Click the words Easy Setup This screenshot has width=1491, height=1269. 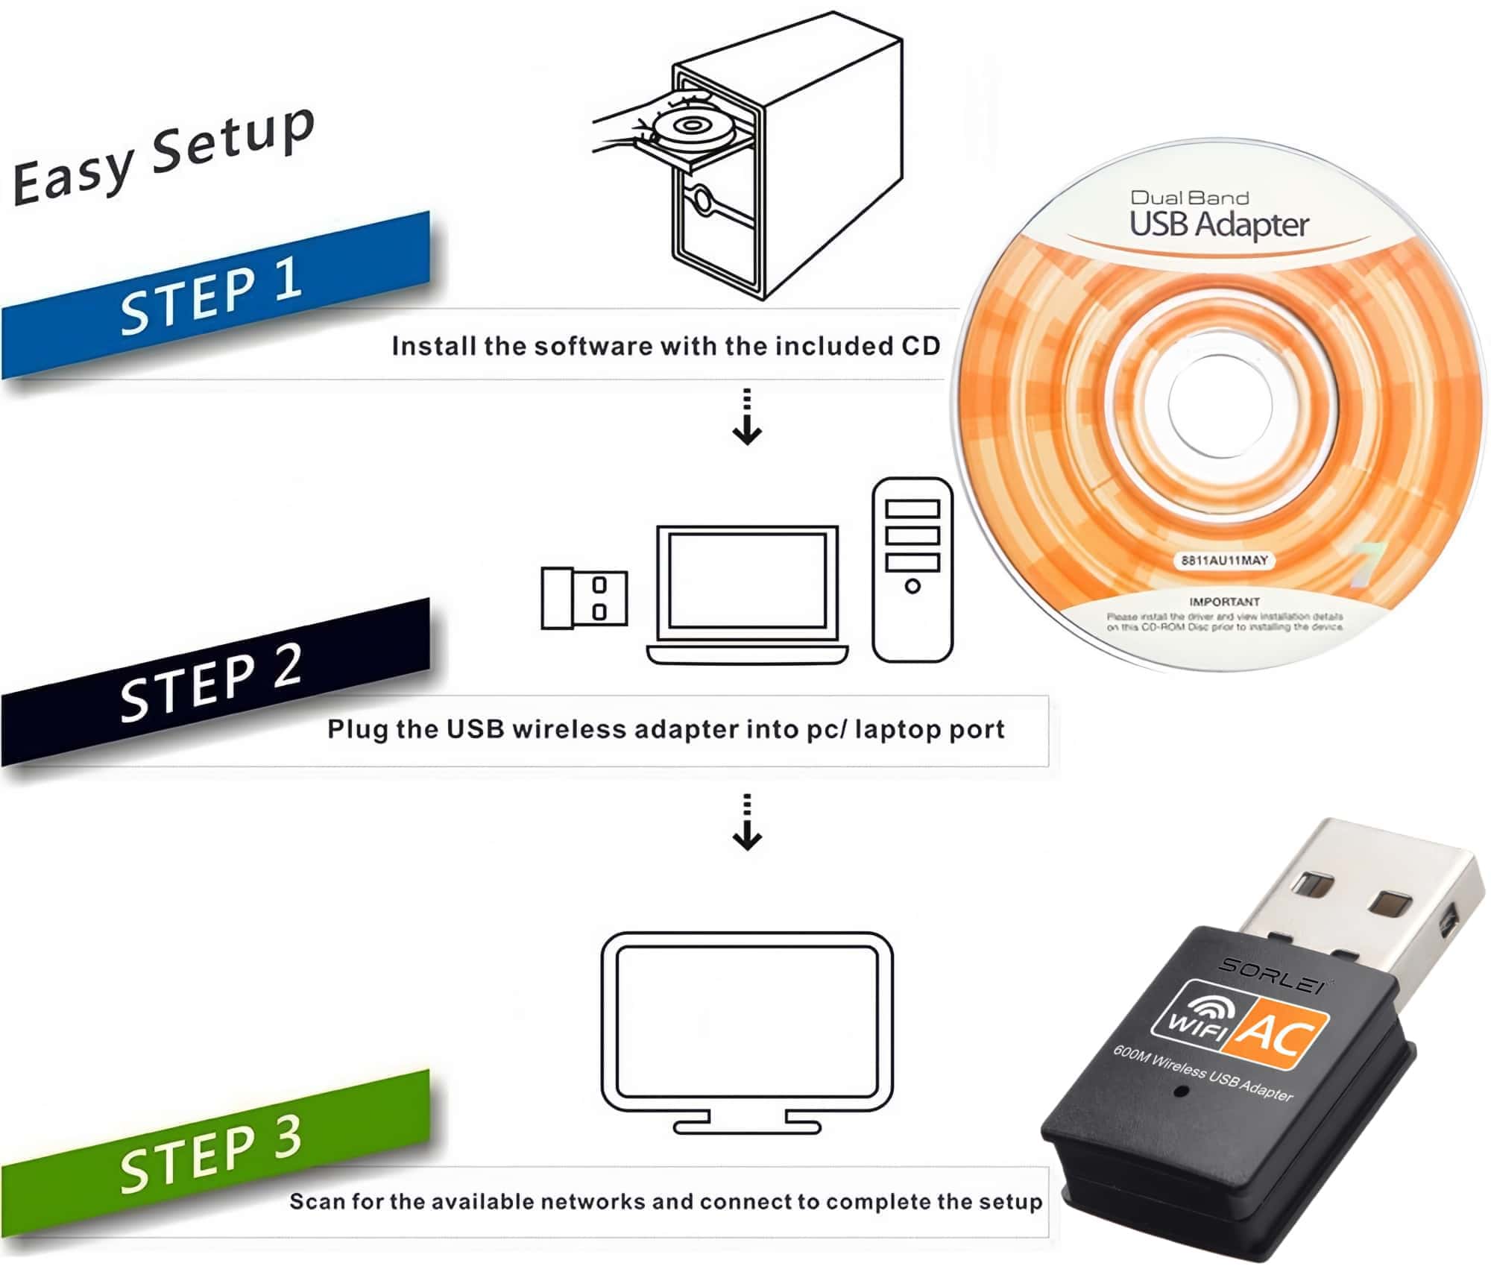point(164,157)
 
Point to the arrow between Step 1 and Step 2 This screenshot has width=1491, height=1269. point(747,418)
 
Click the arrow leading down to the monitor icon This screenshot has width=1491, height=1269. point(747,822)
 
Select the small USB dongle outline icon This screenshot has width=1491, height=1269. point(583,598)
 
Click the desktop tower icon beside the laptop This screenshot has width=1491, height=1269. point(912,570)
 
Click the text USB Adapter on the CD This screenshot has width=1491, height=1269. point(1219,224)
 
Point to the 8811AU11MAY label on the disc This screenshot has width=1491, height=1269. point(1224,561)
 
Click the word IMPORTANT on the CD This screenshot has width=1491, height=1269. point(1224,602)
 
